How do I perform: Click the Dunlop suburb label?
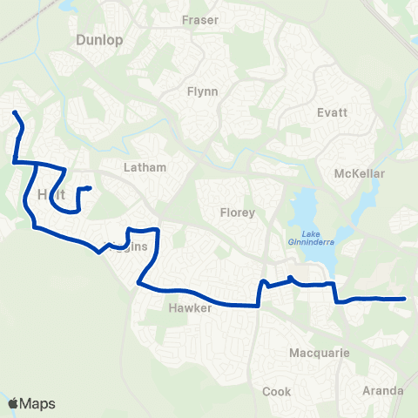click(x=100, y=40)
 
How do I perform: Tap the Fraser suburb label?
click(x=199, y=19)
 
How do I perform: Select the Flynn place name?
click(x=202, y=91)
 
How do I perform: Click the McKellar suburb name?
click(x=359, y=174)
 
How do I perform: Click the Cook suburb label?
click(x=276, y=392)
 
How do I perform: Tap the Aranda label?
click(x=383, y=391)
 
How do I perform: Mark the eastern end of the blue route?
click(x=405, y=299)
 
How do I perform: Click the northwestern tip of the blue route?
click(x=13, y=112)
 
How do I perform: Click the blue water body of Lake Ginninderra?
click(x=305, y=209)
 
